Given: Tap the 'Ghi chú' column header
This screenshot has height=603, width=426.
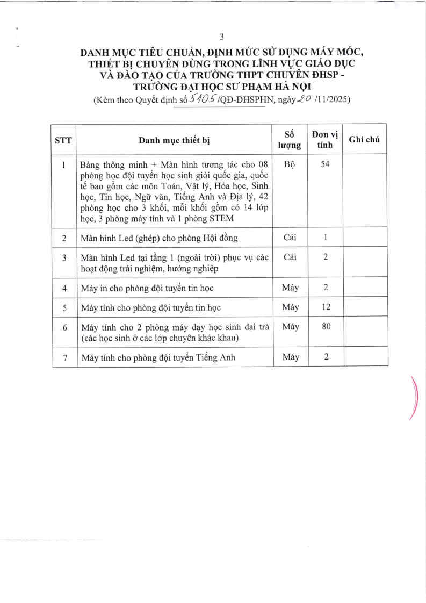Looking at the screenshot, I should point(364,140).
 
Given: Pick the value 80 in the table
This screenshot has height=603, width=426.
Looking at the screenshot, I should point(326,326).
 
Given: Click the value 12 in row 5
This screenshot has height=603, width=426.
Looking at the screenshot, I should point(326,307).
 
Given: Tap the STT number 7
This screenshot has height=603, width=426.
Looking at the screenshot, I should point(64,358).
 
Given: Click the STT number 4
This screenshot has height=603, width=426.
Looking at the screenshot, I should point(64,288).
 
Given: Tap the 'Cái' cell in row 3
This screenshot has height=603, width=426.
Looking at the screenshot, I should point(290,257).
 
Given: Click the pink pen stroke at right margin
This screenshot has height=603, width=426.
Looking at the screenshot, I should point(414,398).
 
